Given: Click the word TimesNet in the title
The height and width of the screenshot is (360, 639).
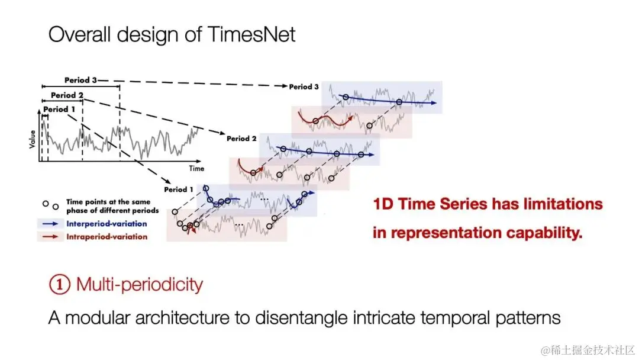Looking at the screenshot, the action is tap(251, 34).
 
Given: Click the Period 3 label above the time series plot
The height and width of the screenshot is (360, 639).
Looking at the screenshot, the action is tap(80, 80).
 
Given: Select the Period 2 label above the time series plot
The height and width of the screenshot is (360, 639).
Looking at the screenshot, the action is tap(67, 95).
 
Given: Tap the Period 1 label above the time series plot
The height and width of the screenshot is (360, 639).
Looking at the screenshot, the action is tap(59, 110).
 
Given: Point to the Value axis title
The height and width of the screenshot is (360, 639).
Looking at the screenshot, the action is tap(32, 139).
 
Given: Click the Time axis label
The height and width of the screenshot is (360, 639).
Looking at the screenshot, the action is tap(196, 168).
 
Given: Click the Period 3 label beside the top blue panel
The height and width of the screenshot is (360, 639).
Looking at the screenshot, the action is tap(304, 87).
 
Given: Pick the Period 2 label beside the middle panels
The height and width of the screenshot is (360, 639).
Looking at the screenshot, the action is tap(241, 139).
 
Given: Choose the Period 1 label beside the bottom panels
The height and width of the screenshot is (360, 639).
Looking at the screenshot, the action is tap(179, 189).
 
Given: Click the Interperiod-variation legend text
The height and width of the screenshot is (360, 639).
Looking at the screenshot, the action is tap(106, 223).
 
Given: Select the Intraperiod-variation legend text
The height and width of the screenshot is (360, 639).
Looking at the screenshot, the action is tap(106, 236).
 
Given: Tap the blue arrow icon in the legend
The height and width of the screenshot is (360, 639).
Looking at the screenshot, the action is tap(50, 223).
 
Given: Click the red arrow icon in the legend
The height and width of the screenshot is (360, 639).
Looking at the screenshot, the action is tap(50, 236).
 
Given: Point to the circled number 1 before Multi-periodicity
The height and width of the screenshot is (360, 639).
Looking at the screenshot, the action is tap(60, 284).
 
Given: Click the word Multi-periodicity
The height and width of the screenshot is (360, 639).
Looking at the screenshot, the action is tap(140, 284).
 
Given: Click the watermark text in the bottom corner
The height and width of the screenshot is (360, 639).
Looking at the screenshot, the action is tap(588, 350).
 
